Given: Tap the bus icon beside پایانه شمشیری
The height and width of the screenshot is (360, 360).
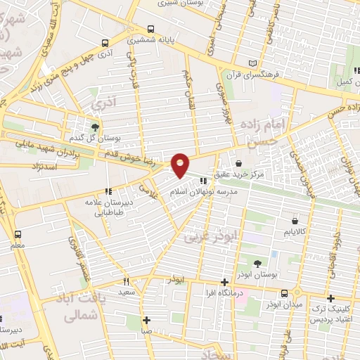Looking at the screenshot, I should [152, 30].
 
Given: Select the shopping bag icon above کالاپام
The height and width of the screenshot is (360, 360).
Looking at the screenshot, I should [290, 221].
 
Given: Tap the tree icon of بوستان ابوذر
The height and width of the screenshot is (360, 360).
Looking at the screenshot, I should [258, 262].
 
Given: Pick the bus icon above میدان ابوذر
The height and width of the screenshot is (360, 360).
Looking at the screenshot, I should [284, 293].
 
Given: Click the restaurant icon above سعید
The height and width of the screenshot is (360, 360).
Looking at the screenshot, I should [127, 281].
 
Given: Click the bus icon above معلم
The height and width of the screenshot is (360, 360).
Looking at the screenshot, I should [18, 235].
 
